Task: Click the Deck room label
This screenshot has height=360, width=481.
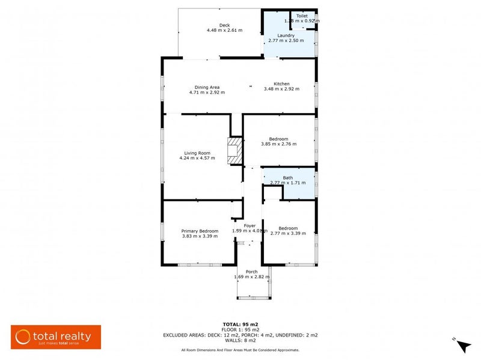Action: pos(224,25)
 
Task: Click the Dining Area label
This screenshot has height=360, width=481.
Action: pos(206,87)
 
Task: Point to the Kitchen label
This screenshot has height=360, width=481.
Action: pos(281,84)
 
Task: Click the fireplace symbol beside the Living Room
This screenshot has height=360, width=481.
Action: pos(234,151)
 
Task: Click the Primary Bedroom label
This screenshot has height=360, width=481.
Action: pos(200,231)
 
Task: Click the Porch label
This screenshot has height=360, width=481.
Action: pos(251,272)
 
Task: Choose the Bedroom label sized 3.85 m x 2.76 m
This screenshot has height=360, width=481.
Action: pos(278,138)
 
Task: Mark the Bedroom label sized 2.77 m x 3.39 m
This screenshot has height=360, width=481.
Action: pos(288,228)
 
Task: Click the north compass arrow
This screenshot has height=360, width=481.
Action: pos(462,346)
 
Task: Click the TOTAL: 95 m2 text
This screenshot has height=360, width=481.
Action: pos(240,324)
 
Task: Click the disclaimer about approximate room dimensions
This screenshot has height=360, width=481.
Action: pos(240,350)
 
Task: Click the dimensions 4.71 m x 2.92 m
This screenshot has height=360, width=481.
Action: pos(207,93)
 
